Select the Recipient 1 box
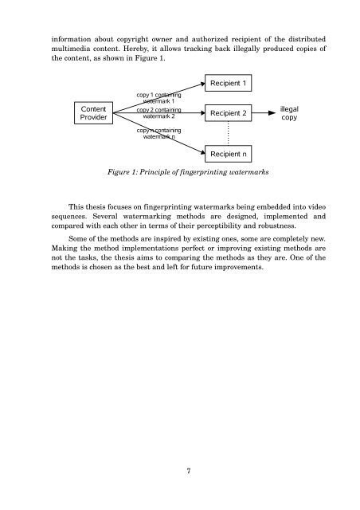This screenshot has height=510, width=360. (231, 83)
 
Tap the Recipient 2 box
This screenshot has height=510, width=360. (231, 113)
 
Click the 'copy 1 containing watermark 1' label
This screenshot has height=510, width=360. (159, 98)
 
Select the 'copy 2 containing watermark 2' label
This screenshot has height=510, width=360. (158, 113)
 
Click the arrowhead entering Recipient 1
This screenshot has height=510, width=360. (200, 84)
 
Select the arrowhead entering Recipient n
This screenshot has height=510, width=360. (200, 151)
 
